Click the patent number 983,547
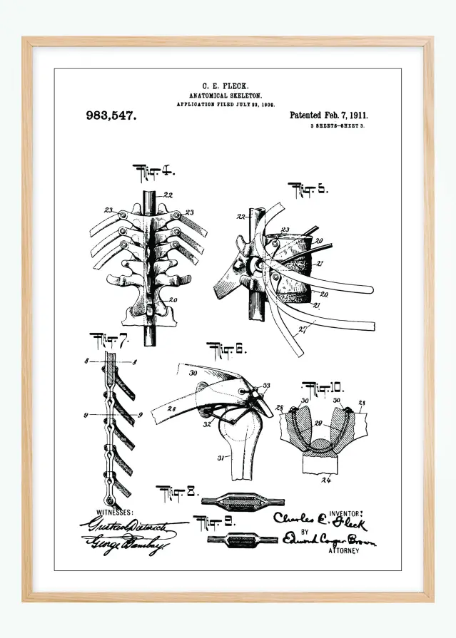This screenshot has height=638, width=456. [111, 115]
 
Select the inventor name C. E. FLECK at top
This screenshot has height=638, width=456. [226, 86]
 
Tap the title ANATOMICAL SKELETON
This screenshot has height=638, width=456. [226, 95]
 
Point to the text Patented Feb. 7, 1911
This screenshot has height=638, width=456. [329, 115]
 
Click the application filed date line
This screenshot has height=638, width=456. [226, 104]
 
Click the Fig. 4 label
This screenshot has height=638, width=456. [154, 172]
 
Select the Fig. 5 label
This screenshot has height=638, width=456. [308, 189]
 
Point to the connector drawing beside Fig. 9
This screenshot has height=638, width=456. [242, 539]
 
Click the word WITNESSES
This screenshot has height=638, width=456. [105, 512]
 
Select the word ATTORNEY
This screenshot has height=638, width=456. [344, 551]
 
